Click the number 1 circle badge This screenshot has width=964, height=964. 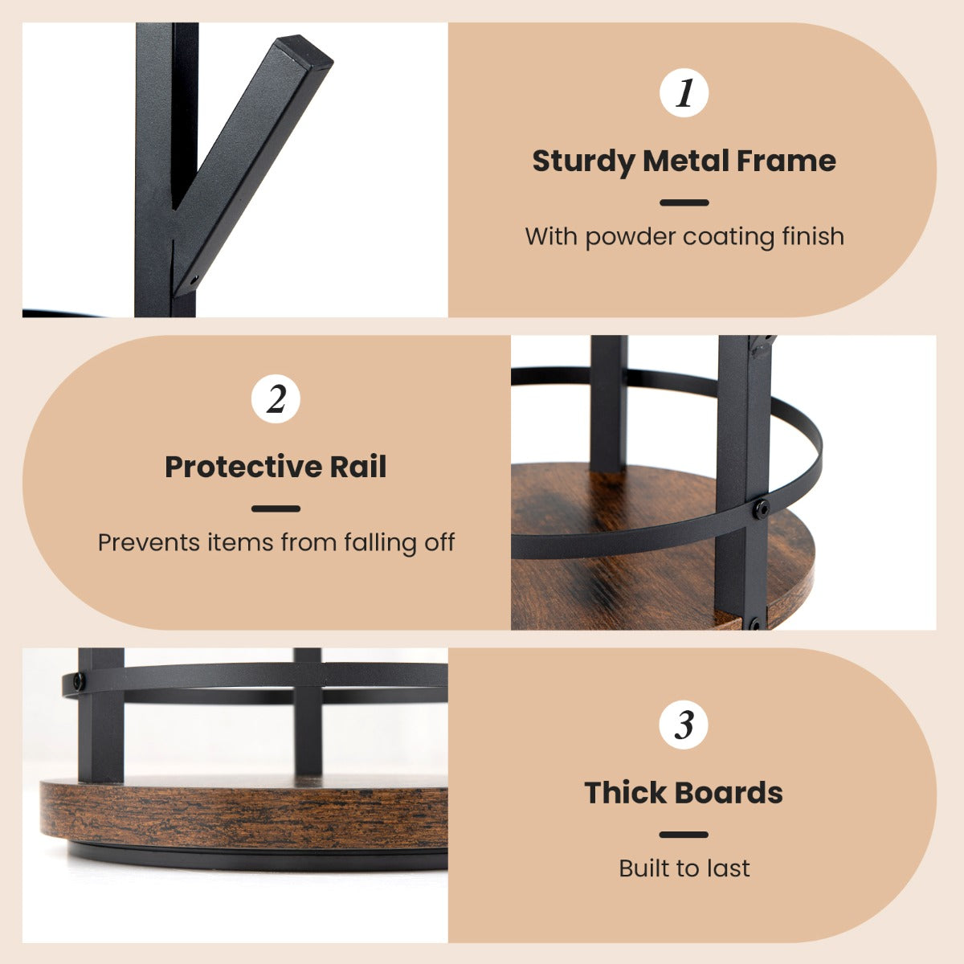coord(684,93)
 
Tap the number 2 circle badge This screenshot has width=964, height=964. coord(276,398)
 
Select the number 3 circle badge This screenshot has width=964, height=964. coord(684,725)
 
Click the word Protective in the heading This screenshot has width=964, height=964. coord(243,467)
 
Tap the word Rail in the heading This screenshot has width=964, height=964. coord(358,466)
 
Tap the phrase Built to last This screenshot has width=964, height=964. coord(684,868)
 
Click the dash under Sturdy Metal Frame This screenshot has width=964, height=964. coord(684,202)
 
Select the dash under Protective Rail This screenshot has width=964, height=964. coord(276,509)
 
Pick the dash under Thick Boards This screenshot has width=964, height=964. coord(684,835)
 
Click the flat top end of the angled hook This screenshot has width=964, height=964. coord(304,51)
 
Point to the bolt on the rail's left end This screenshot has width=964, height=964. coord(79,681)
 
